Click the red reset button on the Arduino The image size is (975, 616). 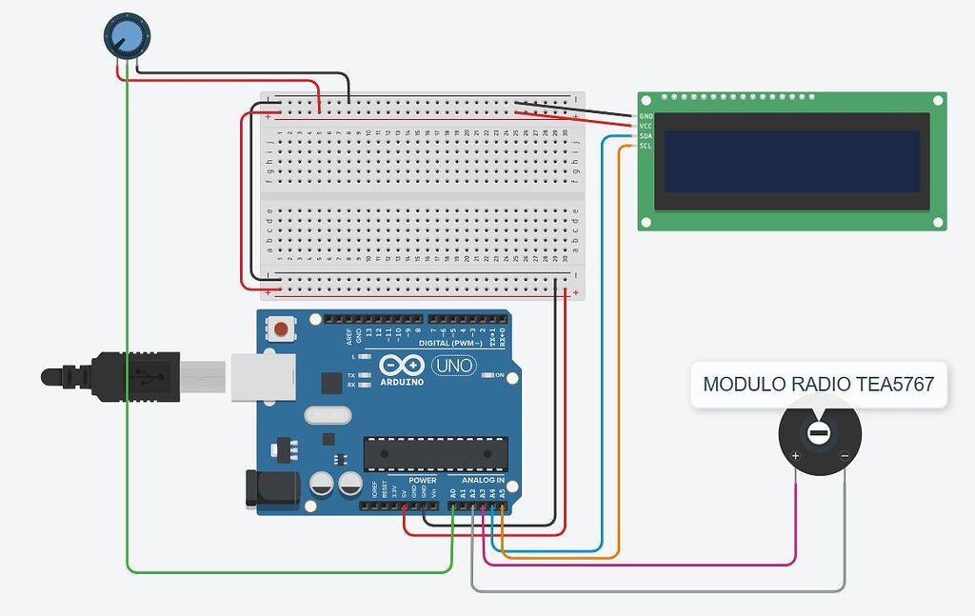click(x=281, y=330)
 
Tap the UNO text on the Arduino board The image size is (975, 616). click(x=454, y=365)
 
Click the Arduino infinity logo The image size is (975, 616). click(x=402, y=365)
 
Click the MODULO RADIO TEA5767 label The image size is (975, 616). click(x=818, y=385)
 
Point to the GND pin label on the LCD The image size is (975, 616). click(x=646, y=116)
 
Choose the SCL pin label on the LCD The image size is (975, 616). click(x=646, y=146)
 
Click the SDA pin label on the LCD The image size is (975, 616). click(x=646, y=136)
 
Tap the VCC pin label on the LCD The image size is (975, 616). click(x=646, y=126)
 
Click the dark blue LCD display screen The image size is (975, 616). click(x=791, y=161)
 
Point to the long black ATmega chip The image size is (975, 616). click(x=435, y=454)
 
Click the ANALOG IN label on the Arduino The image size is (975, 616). click(x=486, y=481)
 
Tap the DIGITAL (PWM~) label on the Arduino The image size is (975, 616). click(x=453, y=343)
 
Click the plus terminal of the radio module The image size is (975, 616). click(x=795, y=457)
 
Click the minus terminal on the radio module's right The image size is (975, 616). click(x=844, y=457)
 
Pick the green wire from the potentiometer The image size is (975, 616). click(x=128, y=333)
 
